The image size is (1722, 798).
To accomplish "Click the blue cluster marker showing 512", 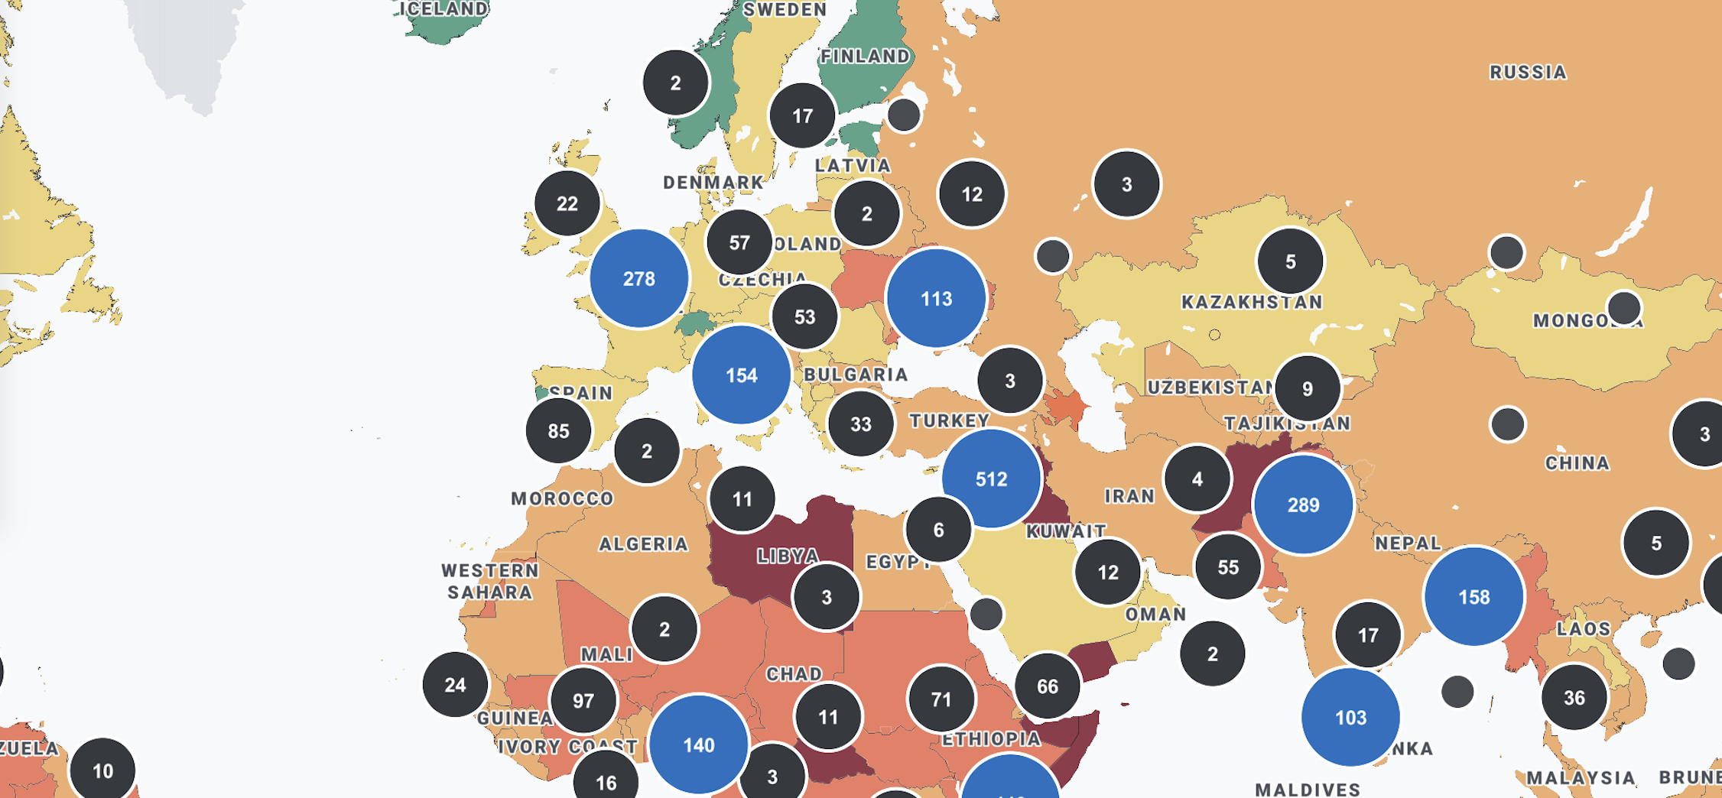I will tap(991, 478).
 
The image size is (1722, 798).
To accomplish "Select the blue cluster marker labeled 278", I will tap(638, 278).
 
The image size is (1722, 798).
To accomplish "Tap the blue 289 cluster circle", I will tap(1303, 504).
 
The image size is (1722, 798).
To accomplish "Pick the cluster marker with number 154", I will tap(741, 375).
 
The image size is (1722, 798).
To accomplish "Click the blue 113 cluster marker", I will tap(936, 298).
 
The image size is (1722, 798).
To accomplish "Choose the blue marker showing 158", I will tap(1473, 596).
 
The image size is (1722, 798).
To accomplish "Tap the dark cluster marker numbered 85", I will tap(558, 430).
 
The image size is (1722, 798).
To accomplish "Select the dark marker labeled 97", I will tap(583, 700).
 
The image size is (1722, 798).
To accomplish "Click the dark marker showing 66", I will tap(1047, 686).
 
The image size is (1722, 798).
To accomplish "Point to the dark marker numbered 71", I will tap(941, 699).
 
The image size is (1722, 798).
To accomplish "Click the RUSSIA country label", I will tap(1528, 72).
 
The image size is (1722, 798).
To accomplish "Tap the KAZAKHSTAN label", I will tap(1252, 302).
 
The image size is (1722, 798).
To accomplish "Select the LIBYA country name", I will tap(788, 556).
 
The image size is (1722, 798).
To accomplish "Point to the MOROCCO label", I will tap(562, 498).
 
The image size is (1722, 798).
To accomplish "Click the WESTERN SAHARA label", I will tap(490, 581).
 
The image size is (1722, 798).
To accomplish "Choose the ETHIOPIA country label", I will tap(991, 738).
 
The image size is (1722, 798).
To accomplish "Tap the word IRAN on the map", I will tap(1129, 496).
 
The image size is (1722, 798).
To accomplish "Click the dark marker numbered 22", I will tap(567, 203).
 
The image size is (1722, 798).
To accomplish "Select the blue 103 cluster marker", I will tap(1350, 717).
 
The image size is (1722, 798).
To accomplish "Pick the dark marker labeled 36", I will tap(1574, 697).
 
